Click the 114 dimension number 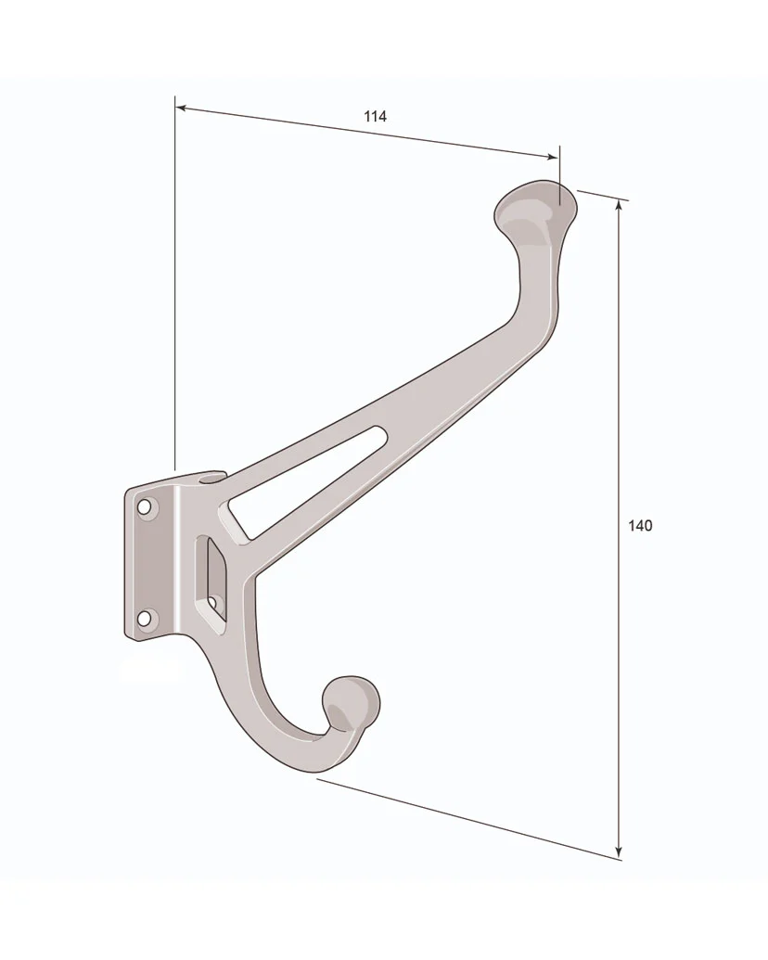375,116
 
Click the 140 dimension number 640,525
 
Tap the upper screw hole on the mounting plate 145,507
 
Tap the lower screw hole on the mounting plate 144,619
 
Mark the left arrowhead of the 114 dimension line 181,109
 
